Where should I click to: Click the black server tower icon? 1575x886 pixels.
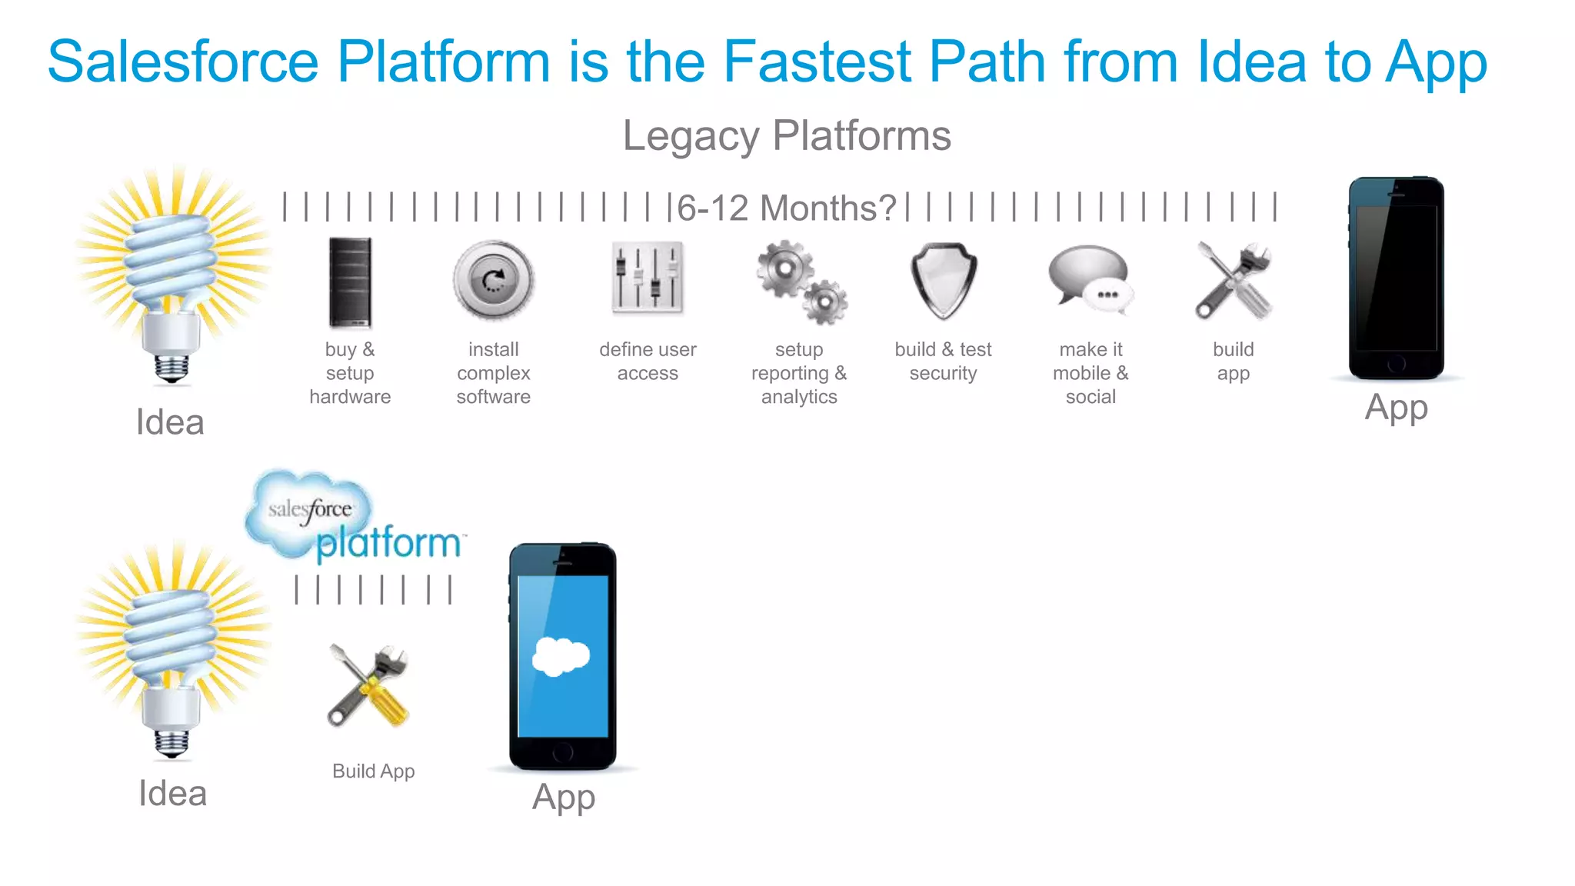pos(350,283)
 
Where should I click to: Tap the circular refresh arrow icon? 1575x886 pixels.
pos(493,281)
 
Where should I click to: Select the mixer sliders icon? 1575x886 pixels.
pos(648,278)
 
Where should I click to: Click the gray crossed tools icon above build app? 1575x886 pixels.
pos(1234,281)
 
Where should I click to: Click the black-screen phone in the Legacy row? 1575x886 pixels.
pos(1396,278)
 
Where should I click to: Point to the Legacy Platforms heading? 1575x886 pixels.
pos(787,136)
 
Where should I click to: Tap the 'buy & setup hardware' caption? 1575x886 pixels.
pos(350,373)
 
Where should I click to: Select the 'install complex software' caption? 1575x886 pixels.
pos(493,373)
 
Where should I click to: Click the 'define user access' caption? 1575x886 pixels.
pos(648,361)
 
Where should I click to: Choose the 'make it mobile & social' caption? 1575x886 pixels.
pos(1091,373)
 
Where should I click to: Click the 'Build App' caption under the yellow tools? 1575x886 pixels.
pos(374,771)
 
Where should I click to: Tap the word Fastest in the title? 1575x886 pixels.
pos(817,62)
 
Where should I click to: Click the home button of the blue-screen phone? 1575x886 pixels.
pos(563,752)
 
